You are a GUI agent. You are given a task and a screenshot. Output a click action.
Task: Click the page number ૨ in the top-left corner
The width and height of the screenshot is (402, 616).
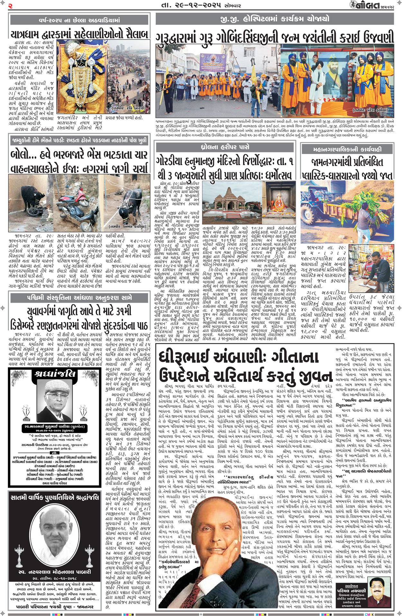[x=10, y=5]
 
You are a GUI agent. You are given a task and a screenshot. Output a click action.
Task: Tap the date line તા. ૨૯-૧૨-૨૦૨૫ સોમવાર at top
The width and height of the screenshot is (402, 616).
[x=199, y=5]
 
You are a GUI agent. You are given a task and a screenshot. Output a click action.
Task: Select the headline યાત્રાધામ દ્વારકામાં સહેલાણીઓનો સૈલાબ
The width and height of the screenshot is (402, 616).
[x=79, y=34]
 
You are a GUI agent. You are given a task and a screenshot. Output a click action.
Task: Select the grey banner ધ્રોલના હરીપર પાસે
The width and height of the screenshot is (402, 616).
[x=225, y=147]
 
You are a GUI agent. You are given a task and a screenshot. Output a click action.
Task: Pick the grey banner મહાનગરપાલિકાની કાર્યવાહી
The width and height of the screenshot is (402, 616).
[x=347, y=149]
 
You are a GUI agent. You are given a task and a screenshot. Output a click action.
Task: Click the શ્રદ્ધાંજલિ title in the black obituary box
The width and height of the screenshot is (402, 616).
[x=55, y=373]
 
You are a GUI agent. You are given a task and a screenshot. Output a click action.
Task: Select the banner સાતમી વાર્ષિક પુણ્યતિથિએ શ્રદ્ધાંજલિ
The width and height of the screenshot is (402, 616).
[x=55, y=498]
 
